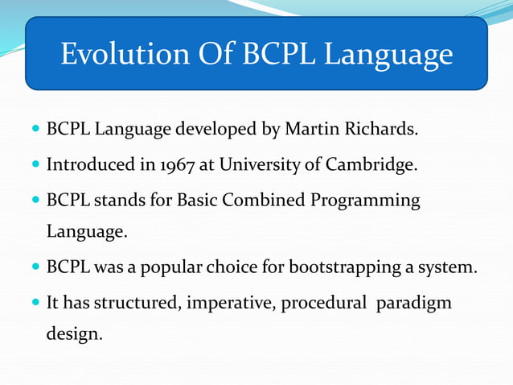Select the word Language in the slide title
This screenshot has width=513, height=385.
click(x=390, y=56)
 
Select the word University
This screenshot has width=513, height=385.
click(x=259, y=165)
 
